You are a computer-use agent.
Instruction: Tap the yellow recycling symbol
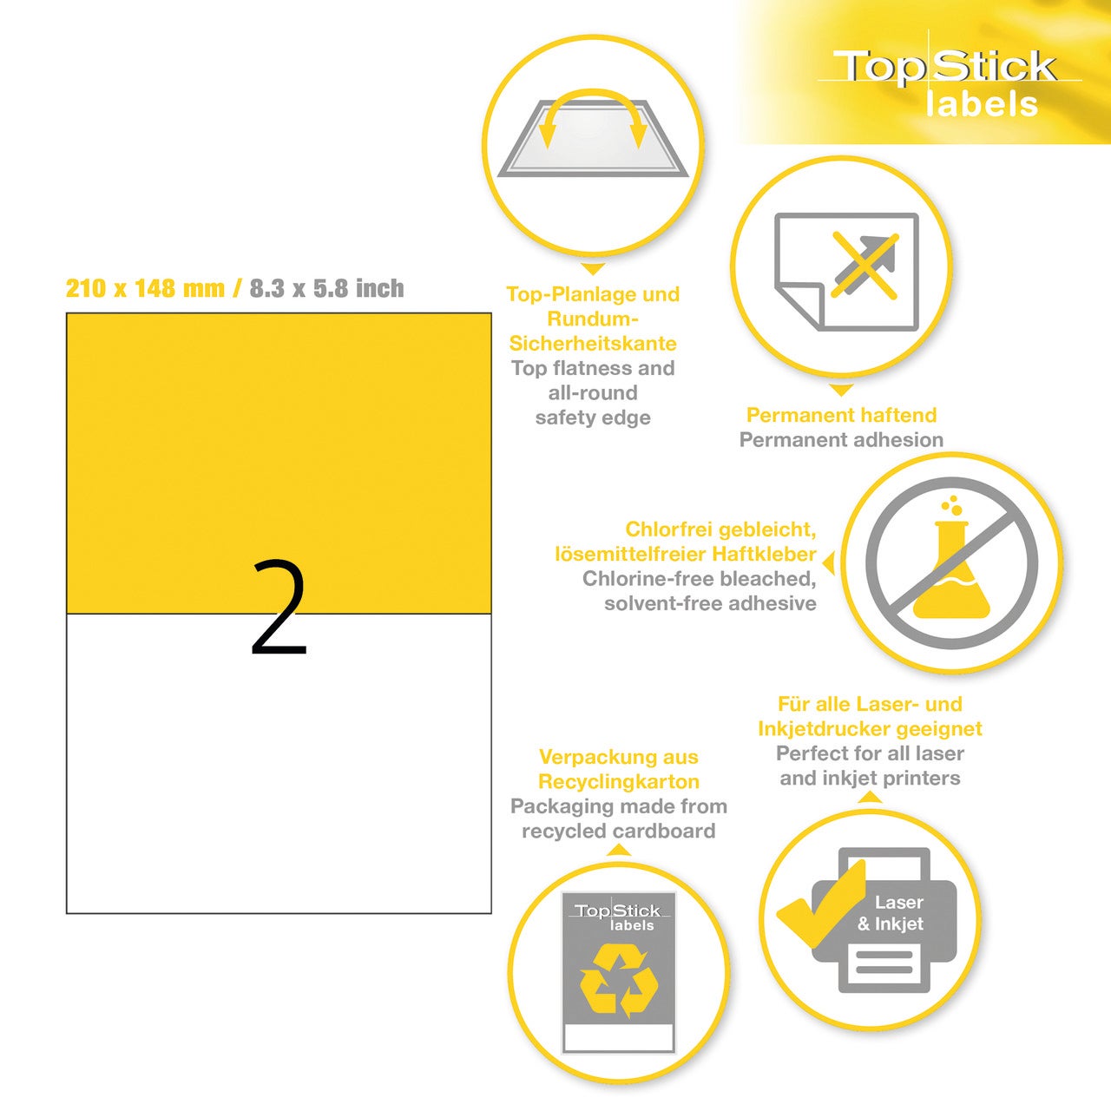pyautogui.click(x=619, y=980)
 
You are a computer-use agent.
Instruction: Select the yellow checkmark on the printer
pyautogui.click(x=822, y=905)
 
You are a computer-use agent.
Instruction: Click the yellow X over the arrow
pyautogui.click(x=864, y=266)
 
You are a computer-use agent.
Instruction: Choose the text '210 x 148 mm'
pyautogui.click(x=145, y=288)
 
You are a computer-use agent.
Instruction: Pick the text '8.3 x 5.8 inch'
pyautogui.click(x=327, y=288)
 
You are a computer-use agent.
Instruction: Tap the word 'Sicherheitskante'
pyautogui.click(x=593, y=344)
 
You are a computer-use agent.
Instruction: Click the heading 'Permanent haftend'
pyautogui.click(x=841, y=415)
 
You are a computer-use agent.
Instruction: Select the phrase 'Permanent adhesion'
pyautogui.click(x=841, y=440)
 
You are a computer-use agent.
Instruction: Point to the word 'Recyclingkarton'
pyautogui.click(x=619, y=782)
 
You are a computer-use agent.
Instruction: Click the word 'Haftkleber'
pyautogui.click(x=765, y=554)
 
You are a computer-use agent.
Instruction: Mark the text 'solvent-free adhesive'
pyautogui.click(x=710, y=603)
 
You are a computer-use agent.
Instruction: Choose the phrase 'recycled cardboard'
pyautogui.click(x=619, y=832)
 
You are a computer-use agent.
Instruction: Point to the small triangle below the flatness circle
pyautogui.click(x=593, y=269)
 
